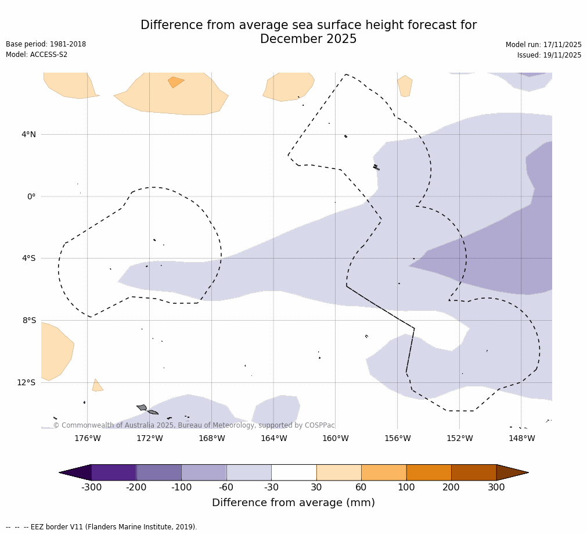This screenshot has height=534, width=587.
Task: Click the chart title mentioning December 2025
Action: [308, 32]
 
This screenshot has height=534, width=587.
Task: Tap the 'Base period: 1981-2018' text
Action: [46, 44]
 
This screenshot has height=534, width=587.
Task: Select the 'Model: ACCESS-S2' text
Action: [37, 55]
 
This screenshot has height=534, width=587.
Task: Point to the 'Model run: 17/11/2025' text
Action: [543, 45]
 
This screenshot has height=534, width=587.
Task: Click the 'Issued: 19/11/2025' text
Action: [549, 55]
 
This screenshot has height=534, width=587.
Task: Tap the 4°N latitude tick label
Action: [28, 134]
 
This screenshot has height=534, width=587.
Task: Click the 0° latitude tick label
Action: [31, 196]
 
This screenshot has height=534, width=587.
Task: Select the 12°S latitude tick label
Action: [26, 382]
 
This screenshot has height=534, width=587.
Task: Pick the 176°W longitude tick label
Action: [88, 438]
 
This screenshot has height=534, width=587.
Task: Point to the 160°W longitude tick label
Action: [336, 438]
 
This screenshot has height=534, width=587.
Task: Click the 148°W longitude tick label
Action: [521, 438]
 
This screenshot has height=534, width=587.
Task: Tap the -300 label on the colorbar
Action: [91, 487]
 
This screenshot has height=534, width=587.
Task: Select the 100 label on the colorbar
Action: [406, 487]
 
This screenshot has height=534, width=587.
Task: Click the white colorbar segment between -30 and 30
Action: [294, 472]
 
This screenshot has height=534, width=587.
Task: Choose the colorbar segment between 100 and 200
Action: [428, 472]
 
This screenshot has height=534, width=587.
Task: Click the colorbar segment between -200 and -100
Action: [159, 472]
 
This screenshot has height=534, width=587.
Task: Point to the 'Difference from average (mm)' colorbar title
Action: [293, 503]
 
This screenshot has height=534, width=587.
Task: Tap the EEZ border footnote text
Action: [102, 527]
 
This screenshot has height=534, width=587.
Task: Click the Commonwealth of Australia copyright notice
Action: [194, 425]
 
